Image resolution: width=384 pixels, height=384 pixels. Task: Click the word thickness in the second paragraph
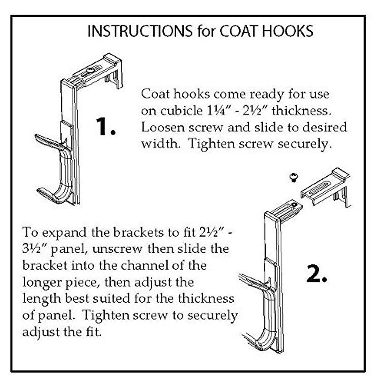click(206, 299)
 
